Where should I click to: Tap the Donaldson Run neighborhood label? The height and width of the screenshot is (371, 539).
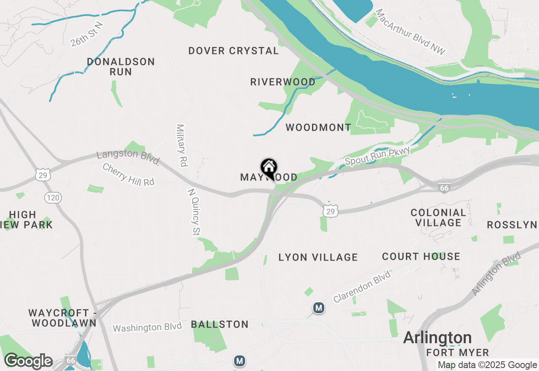click(x=121, y=67)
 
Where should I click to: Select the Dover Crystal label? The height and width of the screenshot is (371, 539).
click(x=234, y=51)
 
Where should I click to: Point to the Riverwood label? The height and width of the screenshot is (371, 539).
click(x=283, y=82)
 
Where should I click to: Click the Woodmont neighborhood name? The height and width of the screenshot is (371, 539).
click(x=318, y=127)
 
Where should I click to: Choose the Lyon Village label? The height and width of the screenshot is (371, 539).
click(x=318, y=257)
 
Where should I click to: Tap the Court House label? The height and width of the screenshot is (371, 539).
click(x=421, y=256)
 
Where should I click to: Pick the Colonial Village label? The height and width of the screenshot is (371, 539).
click(x=438, y=218)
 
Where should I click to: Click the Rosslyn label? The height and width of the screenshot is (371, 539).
click(x=512, y=225)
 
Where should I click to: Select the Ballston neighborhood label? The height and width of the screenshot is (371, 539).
click(x=220, y=324)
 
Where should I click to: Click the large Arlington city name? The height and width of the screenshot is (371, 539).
click(x=438, y=338)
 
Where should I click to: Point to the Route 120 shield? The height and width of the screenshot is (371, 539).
click(x=54, y=197)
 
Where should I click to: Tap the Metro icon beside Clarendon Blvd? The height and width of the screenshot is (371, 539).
click(x=319, y=308)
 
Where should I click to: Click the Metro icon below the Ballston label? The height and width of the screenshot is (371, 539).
click(x=240, y=361)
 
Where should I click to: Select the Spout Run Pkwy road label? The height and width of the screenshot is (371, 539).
click(x=377, y=156)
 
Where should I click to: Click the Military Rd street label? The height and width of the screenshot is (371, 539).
click(x=182, y=145)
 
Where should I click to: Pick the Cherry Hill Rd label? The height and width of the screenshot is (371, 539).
click(x=128, y=175)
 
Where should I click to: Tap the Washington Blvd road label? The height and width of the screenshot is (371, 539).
click(x=147, y=327)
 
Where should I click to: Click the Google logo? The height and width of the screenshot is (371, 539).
click(x=28, y=361)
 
